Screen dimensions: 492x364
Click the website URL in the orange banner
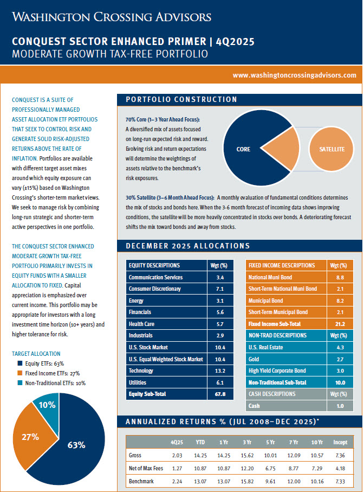pos(294,75)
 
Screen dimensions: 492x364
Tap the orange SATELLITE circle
pos(331,148)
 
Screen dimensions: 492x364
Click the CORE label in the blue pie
pos(243,148)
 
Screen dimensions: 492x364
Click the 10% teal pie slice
pos(47,405)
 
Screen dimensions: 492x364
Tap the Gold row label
pos(253,359)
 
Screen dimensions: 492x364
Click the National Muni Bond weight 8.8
pos(340,277)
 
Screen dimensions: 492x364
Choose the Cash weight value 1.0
pos(340,406)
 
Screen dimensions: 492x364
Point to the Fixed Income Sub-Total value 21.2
pos(340,324)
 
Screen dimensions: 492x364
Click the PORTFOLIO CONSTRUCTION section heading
pos(181,99)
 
